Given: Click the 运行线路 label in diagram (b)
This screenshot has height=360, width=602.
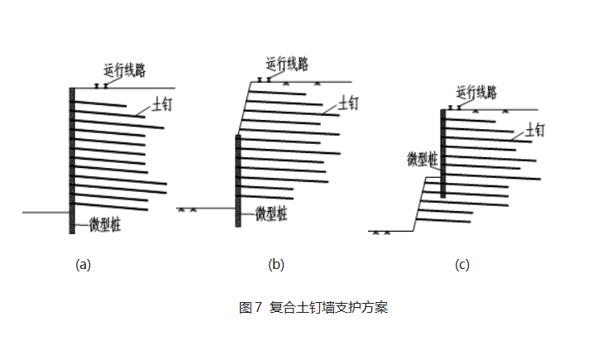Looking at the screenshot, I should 287,63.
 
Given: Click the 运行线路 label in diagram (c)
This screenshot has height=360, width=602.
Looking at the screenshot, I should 477,92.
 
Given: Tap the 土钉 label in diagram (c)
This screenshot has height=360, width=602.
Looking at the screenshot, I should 536,130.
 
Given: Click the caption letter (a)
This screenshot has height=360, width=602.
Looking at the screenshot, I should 82,265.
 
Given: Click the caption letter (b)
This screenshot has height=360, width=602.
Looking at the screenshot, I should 276,265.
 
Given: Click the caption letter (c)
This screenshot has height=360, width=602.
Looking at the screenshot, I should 462,265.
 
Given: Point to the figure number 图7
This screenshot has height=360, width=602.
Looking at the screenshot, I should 250,308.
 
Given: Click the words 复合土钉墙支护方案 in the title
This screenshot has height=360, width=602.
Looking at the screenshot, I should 329,308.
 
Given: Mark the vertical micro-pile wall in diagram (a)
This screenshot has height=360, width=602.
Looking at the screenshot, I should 72,157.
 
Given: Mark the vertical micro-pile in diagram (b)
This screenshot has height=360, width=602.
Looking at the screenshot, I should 238,178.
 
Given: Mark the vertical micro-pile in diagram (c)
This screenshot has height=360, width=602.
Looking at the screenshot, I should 443,153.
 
